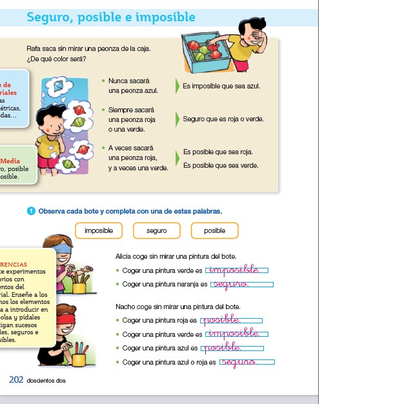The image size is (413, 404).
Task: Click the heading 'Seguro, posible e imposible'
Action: pyautogui.click(x=111, y=17)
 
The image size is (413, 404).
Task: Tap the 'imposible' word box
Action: pyautogui.click(x=99, y=230)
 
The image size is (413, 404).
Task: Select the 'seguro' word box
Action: pyautogui.click(x=157, y=230)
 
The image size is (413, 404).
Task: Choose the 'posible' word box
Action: pyautogui.click(x=215, y=230)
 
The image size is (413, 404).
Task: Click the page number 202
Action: pyautogui.click(x=16, y=380)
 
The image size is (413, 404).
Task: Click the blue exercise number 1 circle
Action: pyautogui.click(x=30, y=211)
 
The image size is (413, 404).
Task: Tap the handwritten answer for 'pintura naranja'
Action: pyautogui.click(x=231, y=284)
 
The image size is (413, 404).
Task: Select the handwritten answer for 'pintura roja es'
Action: pyautogui.click(x=221, y=320)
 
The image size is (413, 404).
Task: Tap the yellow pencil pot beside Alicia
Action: pyautogui.click(x=79, y=285)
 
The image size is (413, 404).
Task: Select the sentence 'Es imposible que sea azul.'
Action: pyautogui.click(x=221, y=86)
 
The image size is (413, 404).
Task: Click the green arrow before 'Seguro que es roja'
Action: pyautogui.click(x=177, y=119)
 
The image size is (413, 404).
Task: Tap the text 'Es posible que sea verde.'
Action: pyautogui.click(x=221, y=166)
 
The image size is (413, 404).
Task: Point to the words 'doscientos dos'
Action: pyautogui.click(x=46, y=381)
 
